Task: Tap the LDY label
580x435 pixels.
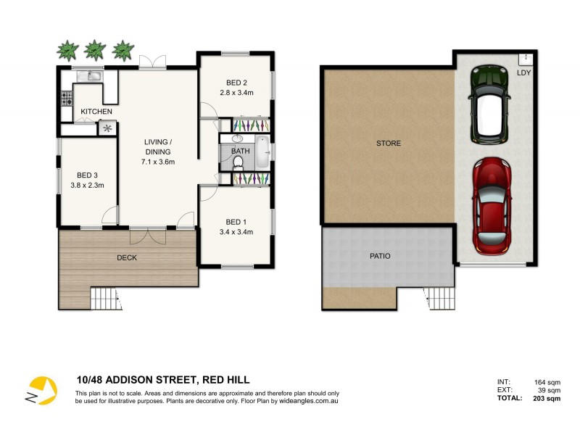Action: pos(522,72)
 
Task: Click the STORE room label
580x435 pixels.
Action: pos(388,144)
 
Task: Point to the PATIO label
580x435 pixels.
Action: pos(379,256)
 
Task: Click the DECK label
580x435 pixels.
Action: pos(126,257)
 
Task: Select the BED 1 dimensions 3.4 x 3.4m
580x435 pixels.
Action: pos(236,233)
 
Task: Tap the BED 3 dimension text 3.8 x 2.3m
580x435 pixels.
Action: pos(86,186)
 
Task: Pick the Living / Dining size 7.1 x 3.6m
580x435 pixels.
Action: pos(157,162)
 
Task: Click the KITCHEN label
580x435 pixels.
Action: pos(96,111)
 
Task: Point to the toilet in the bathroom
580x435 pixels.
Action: pos(238,162)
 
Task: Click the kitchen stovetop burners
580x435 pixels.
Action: pos(65,97)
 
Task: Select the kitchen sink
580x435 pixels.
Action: pos(94,75)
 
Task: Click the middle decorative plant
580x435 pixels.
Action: pos(95,50)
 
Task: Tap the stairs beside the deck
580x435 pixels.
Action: pos(103,297)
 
